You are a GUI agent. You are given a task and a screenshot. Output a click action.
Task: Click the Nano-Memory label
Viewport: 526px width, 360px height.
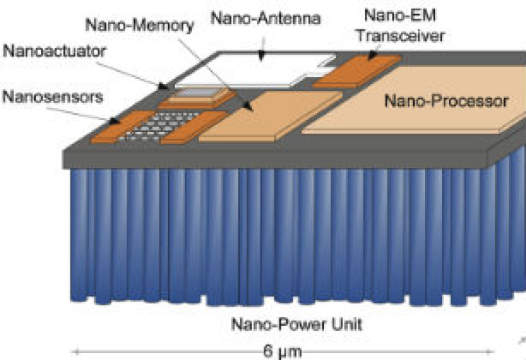(139, 25)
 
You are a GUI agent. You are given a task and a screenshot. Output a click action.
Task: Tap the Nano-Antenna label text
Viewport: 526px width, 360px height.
(266, 18)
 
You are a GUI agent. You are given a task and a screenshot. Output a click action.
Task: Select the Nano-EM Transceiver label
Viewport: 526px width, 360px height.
(400, 25)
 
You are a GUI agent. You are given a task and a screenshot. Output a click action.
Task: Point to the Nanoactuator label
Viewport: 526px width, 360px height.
(55, 51)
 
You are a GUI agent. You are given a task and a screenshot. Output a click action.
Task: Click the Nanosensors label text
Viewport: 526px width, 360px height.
(53, 97)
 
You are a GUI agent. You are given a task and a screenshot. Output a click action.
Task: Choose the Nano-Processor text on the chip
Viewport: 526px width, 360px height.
(446, 100)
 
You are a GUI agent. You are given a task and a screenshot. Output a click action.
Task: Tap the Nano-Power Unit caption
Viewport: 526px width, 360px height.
(297, 324)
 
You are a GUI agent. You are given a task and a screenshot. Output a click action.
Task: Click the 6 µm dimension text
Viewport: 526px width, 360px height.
(282, 352)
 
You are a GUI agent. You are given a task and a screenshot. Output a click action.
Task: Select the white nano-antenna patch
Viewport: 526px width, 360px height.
(255, 70)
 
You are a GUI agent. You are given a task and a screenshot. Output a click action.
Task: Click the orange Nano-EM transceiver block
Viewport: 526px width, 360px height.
(357, 71)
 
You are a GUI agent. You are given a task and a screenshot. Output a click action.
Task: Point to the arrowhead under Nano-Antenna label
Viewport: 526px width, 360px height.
(262, 57)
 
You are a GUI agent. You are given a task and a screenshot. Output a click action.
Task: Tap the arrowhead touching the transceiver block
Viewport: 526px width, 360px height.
(372, 57)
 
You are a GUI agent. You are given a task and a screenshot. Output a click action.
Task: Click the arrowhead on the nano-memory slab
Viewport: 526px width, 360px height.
(248, 106)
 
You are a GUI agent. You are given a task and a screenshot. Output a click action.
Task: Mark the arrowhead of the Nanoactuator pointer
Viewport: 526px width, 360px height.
(163, 87)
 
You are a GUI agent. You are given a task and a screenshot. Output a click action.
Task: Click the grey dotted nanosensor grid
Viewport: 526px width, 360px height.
(158, 126)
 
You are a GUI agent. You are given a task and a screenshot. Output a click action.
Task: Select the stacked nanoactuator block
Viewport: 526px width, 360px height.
(196, 98)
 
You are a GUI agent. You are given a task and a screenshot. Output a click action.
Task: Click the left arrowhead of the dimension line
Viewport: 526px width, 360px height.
(76, 352)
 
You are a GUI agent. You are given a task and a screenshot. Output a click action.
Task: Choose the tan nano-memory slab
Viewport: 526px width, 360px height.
(271, 116)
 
